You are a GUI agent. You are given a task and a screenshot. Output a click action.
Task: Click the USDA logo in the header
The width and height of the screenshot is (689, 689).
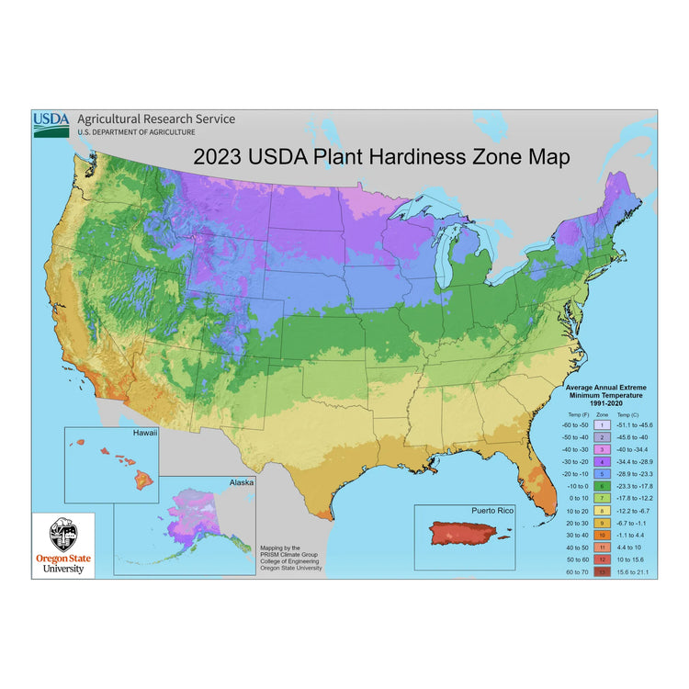(51, 123)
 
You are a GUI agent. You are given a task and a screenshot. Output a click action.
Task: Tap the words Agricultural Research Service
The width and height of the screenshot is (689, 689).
(155, 119)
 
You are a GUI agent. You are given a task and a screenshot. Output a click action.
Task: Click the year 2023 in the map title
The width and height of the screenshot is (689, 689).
(217, 157)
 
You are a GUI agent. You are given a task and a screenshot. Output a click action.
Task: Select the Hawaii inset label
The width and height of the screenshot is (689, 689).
(144, 433)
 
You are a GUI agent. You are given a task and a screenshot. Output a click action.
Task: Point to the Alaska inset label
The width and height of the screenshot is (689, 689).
(241, 480)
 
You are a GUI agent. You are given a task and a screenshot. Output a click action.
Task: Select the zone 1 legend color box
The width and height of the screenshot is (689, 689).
(601, 425)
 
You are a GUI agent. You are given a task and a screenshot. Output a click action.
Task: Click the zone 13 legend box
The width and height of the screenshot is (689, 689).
(601, 571)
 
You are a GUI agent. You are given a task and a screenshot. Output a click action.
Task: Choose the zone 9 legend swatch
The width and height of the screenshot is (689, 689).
(601, 522)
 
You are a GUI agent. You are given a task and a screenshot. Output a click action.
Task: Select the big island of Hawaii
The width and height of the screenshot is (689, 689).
(144, 478)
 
